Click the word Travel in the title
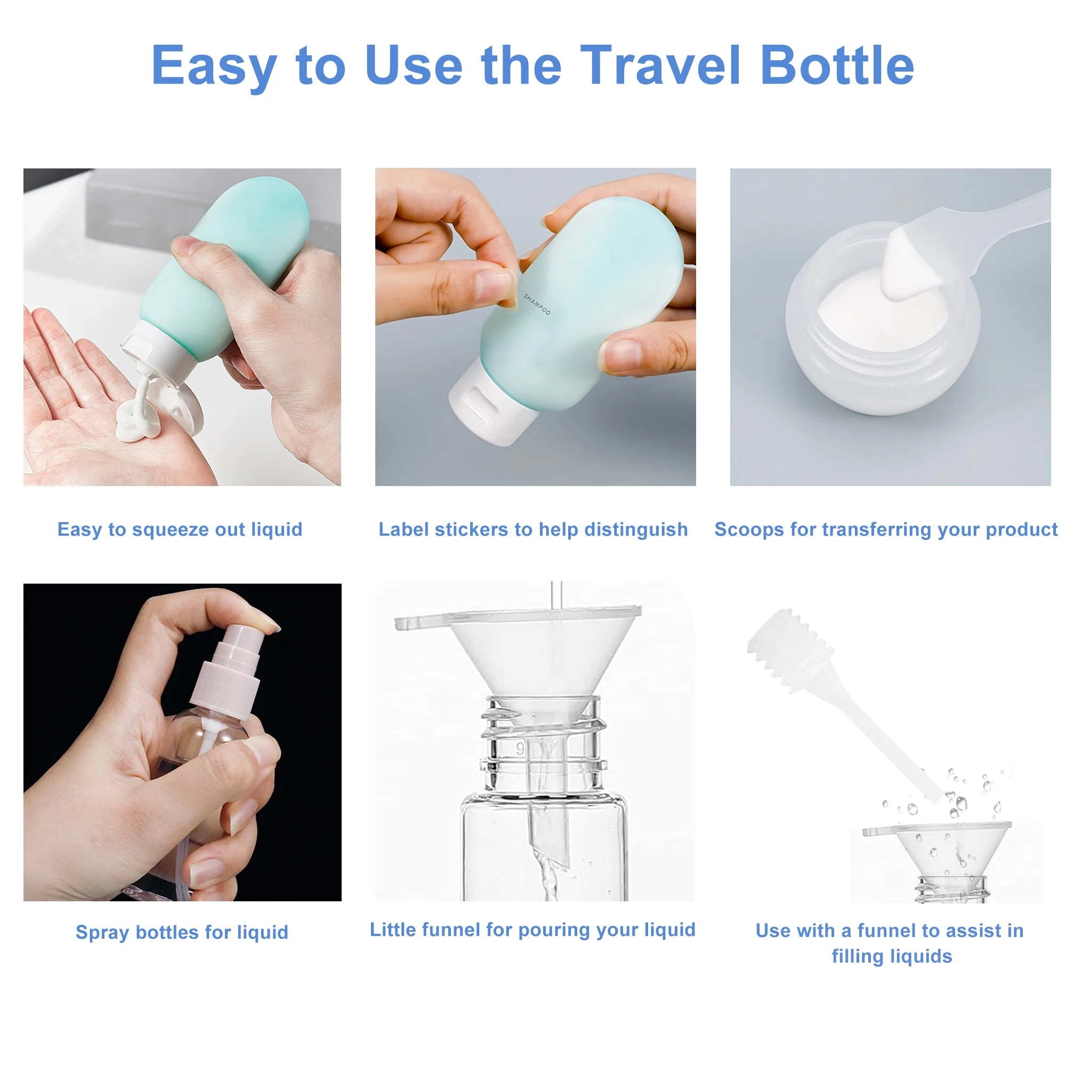(659, 66)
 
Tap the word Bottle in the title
(837, 66)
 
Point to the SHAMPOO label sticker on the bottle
(537, 304)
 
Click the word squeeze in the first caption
(171, 530)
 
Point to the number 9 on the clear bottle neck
(520, 749)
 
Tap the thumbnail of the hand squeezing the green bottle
(182, 327)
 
